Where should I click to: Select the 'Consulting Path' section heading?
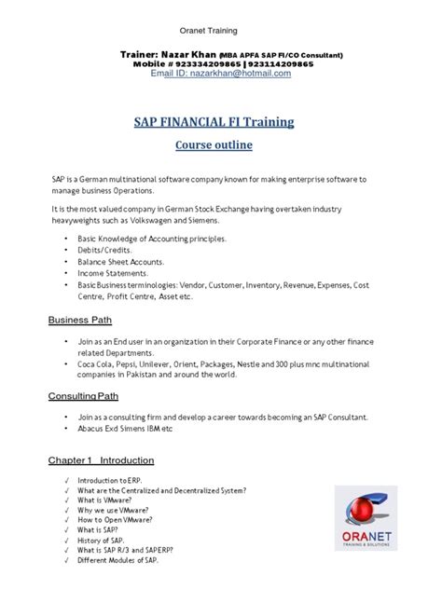pyautogui.click(x=90, y=396)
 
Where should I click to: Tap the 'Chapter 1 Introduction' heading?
pyautogui.click(x=102, y=459)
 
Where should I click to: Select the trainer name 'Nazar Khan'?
pyautogui.click(x=186, y=55)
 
